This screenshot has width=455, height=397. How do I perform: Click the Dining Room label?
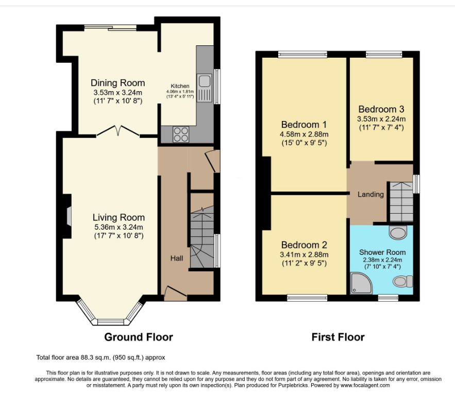click(118, 83)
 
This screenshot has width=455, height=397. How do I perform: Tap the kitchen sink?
click(205, 88)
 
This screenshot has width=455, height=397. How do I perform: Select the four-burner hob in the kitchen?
click(181, 134)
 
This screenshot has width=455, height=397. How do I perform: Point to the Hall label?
click(176, 258)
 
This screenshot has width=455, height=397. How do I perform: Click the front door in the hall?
click(176, 292)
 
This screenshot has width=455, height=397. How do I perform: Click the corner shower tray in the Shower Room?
click(361, 283)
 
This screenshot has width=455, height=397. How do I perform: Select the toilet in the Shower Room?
click(403, 281)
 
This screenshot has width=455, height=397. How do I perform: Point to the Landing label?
click(370, 194)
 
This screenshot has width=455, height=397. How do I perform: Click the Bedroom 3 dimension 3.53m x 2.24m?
click(381, 119)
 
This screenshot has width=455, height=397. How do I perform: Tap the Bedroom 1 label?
click(304, 125)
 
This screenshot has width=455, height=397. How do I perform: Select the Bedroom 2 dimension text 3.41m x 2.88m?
click(304, 254)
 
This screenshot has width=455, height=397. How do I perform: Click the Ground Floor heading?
click(139, 337)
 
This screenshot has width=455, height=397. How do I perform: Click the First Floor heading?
click(338, 337)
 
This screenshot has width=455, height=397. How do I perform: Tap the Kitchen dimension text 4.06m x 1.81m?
click(180, 92)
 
